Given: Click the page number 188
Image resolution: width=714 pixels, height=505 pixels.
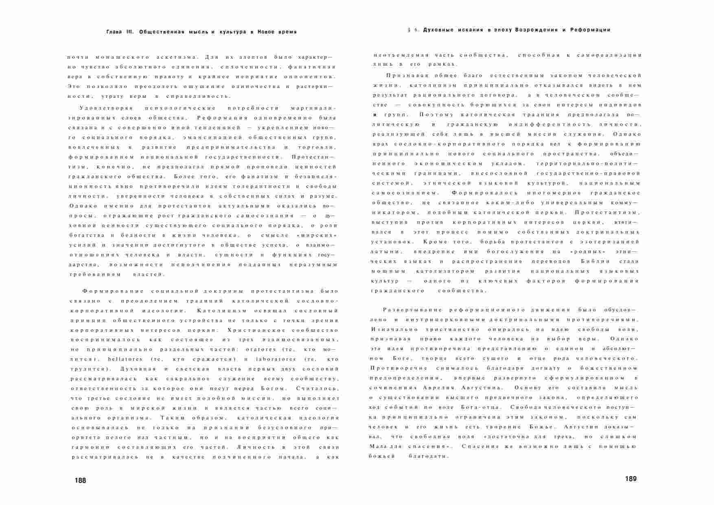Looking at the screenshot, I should click(x=81, y=481).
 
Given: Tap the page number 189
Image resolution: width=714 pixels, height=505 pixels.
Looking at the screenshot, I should click(x=631, y=479).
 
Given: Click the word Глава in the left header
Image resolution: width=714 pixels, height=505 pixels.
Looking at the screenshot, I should click(x=114, y=32).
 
